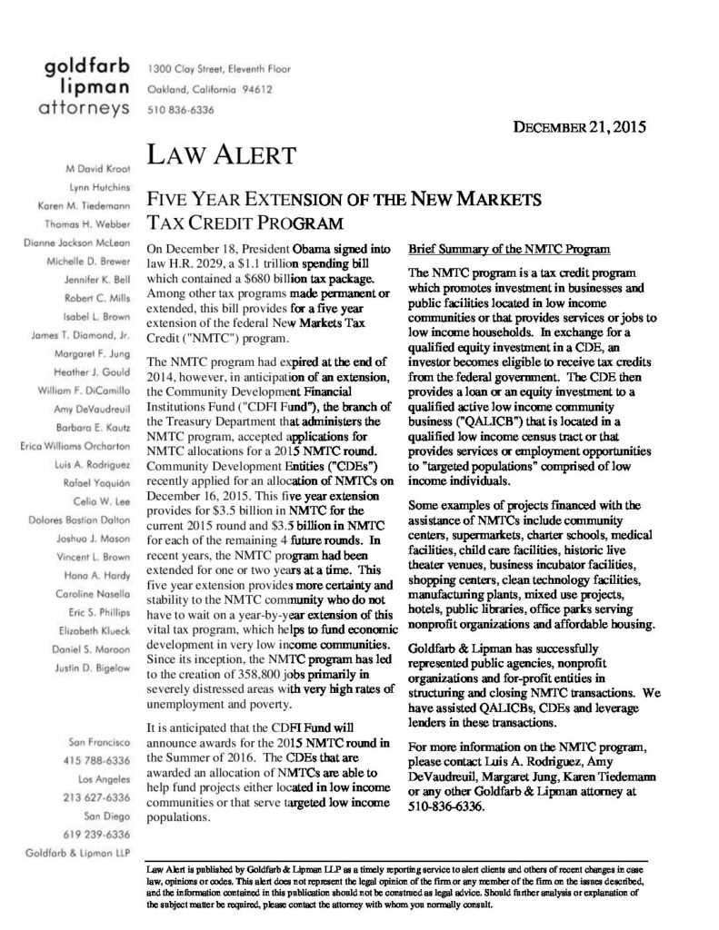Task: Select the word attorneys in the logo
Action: tap(80, 110)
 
